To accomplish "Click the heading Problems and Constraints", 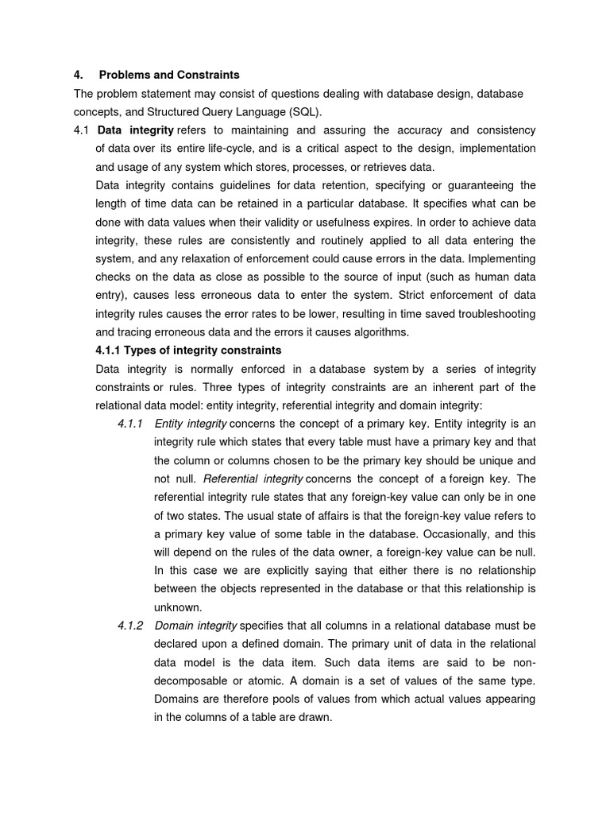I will tap(168, 75).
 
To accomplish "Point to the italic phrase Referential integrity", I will tap(253, 479).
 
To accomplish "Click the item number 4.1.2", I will tap(129, 625).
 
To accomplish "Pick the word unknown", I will tap(176, 607).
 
